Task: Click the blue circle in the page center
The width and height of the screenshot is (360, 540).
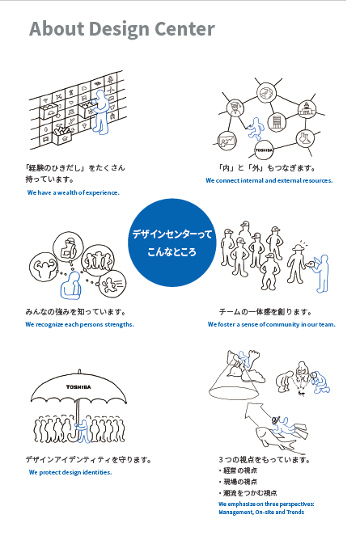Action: click(172, 243)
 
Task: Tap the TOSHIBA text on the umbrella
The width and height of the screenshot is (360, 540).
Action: click(78, 387)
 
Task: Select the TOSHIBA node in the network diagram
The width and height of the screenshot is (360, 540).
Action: click(264, 150)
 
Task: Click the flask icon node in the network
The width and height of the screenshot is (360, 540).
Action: click(305, 138)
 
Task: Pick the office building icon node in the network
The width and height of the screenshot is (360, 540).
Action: click(277, 122)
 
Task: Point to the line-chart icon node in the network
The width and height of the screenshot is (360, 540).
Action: click(227, 141)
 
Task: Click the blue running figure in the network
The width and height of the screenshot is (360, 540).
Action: click(256, 129)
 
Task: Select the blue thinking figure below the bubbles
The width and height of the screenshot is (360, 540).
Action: click(71, 286)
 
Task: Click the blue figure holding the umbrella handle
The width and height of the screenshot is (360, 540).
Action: click(83, 432)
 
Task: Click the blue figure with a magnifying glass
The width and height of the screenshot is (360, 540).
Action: click(320, 382)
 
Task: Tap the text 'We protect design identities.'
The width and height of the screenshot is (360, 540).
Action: click(70, 472)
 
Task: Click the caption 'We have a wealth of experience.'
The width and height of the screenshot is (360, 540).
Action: click(74, 192)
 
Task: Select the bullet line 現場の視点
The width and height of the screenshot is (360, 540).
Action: click(238, 482)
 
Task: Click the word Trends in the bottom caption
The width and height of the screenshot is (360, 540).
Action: click(295, 512)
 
